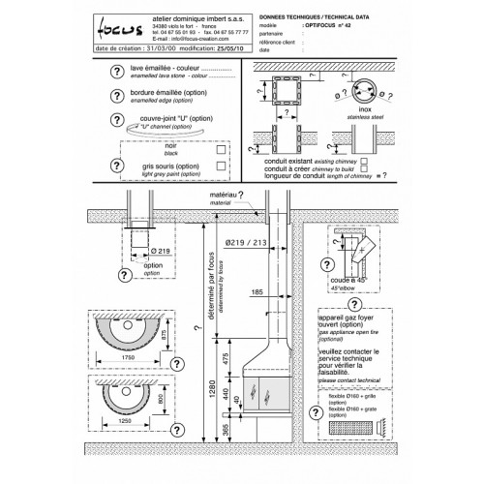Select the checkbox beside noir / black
223,151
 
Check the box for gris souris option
223,166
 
